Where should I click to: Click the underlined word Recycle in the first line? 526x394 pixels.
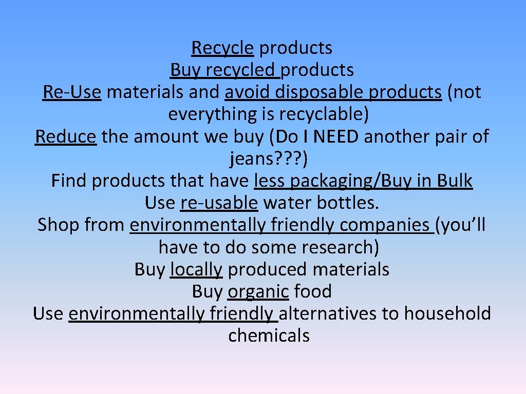click(x=222, y=48)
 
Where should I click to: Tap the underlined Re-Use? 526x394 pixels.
click(x=72, y=92)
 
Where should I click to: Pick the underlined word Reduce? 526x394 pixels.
click(x=66, y=136)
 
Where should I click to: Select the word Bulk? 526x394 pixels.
click(x=455, y=181)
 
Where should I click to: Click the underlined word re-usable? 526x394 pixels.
click(x=219, y=203)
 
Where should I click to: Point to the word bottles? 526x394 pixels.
click(x=347, y=203)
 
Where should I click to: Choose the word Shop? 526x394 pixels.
click(x=58, y=225)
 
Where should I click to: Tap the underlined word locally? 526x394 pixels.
click(x=196, y=269)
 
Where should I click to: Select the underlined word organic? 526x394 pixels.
click(x=258, y=291)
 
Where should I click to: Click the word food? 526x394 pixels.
click(x=313, y=291)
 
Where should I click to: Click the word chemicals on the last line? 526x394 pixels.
click(x=269, y=336)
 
